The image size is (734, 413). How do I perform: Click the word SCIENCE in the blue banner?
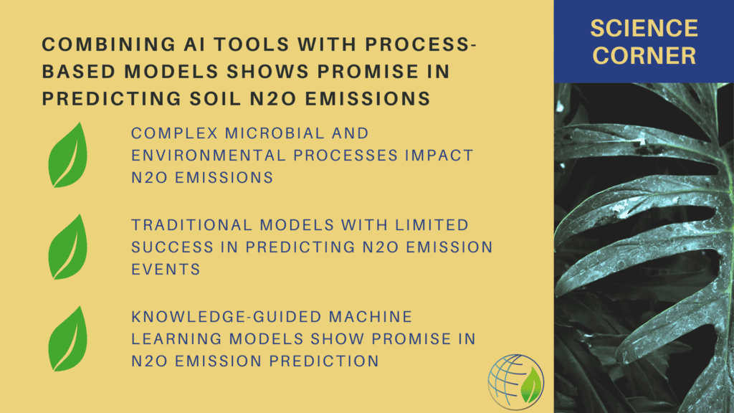point(644,29)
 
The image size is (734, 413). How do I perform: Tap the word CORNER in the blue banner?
point(644,55)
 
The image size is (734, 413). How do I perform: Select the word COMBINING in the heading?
point(109,44)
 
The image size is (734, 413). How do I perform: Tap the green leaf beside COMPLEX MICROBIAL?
point(68,155)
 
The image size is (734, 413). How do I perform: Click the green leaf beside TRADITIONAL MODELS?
point(68,247)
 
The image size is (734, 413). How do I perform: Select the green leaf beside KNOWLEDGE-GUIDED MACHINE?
point(68,338)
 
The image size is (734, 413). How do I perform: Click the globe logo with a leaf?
point(516,381)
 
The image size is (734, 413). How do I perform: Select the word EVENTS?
point(166,270)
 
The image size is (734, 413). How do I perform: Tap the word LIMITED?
point(432,225)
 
